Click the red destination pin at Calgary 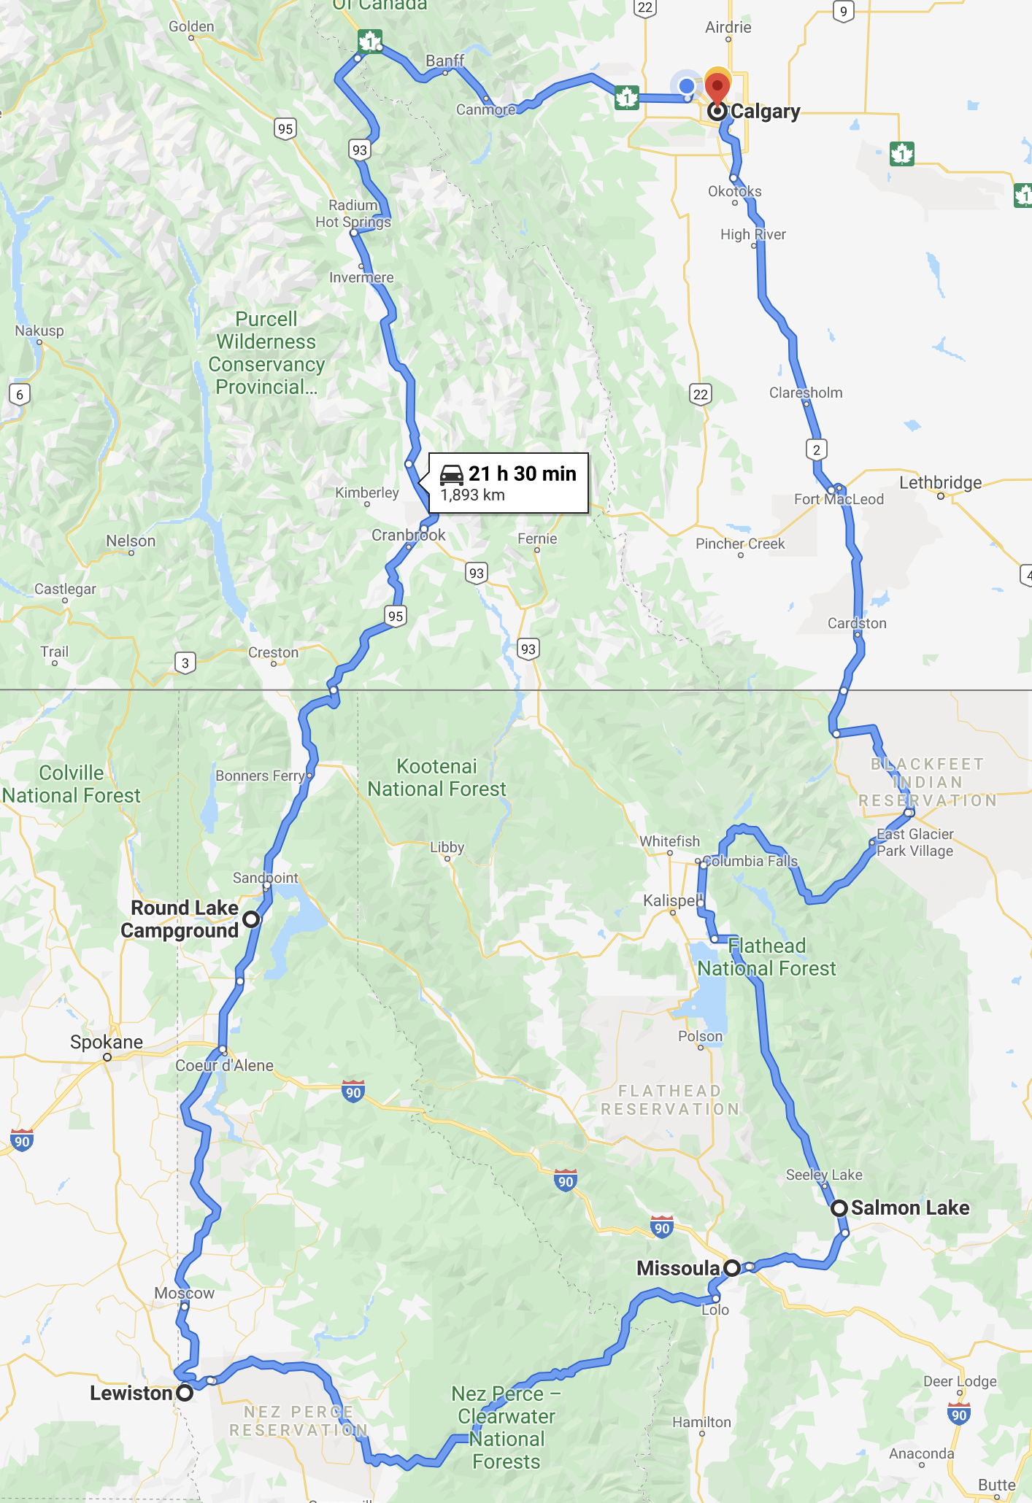717,88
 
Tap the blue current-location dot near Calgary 686,86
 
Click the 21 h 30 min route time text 522,474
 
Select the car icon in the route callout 452,475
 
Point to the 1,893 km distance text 472,495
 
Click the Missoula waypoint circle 732,1268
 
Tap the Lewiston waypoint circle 185,1393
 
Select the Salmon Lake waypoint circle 839,1208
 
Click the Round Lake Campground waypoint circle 251,919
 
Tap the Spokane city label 107,1042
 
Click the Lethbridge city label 940,482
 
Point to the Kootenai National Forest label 436,778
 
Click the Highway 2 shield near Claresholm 817,449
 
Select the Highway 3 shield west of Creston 185,662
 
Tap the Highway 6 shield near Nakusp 20,395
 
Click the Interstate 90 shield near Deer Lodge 958,1414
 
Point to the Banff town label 444,61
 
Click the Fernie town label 537,538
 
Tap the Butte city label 996,1485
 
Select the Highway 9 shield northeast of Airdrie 843,11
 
